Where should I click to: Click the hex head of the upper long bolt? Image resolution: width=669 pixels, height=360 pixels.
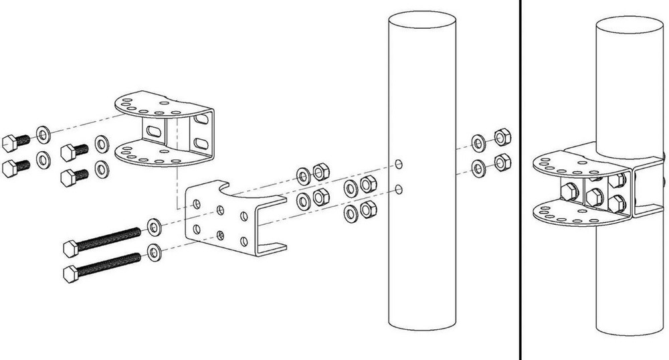(72, 248)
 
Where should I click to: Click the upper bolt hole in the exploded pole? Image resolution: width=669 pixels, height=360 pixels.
(399, 164)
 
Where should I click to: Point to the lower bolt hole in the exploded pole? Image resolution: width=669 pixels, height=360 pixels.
(399, 189)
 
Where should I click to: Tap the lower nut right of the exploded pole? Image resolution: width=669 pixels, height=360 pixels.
(502, 163)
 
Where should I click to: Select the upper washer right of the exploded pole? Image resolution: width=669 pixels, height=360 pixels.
(479, 142)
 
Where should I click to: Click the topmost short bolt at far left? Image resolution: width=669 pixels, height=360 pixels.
(13, 143)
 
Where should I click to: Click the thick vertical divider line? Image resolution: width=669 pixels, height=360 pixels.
(521, 180)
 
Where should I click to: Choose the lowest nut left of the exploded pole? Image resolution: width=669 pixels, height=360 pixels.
(367, 211)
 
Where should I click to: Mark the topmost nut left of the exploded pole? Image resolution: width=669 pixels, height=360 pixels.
(320, 171)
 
